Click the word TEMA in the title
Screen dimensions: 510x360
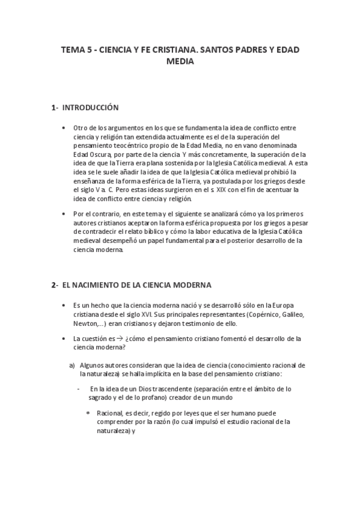[x=73, y=51]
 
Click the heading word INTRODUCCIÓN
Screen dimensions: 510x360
[x=91, y=108]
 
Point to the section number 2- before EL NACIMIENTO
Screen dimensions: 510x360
[x=54, y=284]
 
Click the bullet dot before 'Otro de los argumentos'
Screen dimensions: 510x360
[x=64, y=128]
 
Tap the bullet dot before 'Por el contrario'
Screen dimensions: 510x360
[x=64, y=215]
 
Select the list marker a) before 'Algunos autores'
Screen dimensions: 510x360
[x=72, y=364]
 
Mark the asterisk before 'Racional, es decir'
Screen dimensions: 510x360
[x=88, y=413]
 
